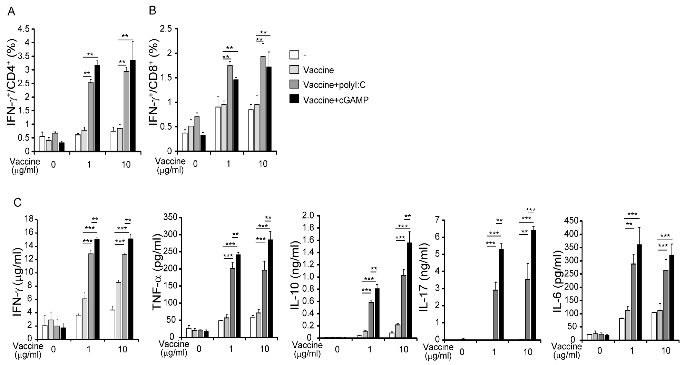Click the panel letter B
pos(152,11)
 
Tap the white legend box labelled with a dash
pos(294,55)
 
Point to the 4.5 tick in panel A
pos(24,29)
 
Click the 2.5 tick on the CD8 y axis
pos(166,29)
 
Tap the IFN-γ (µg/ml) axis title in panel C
pos(18,282)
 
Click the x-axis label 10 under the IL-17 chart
pos(528,352)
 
